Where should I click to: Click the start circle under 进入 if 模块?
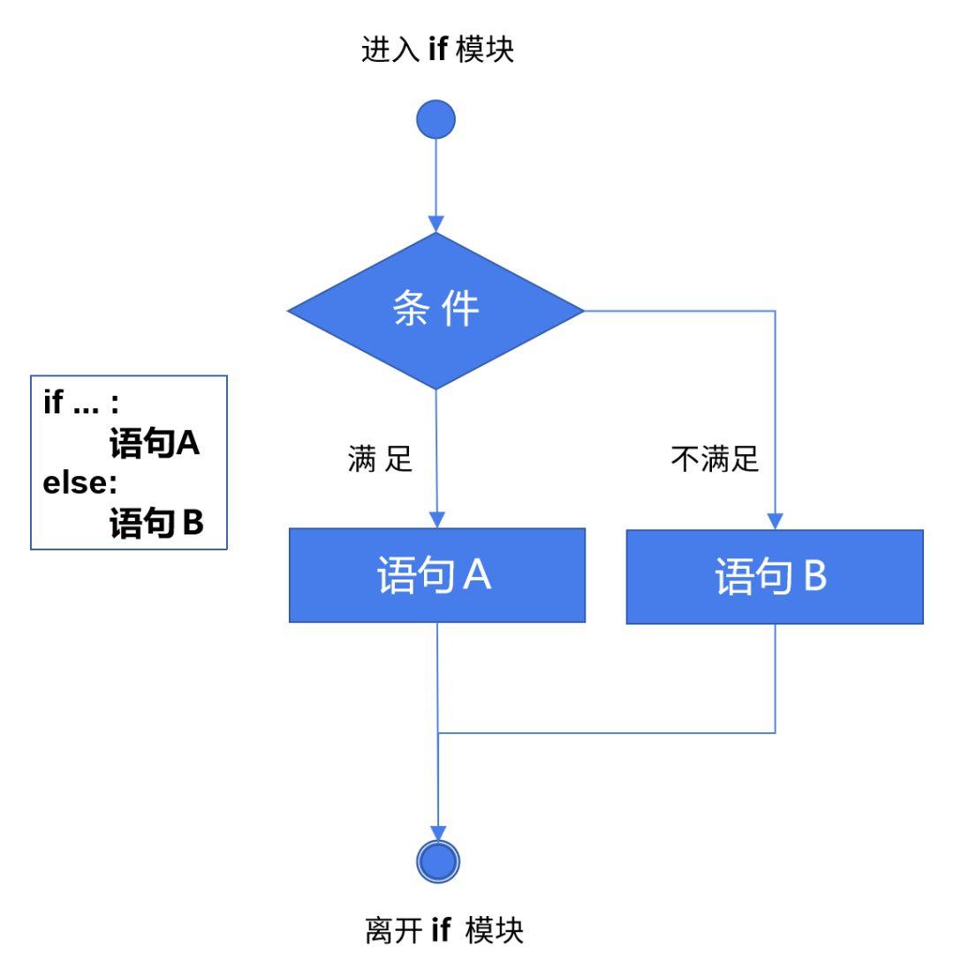436,118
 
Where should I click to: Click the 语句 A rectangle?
436,575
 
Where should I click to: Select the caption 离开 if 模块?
443,932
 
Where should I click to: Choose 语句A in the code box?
155,444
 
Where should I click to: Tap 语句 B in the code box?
156,525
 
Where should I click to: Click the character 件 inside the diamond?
461,311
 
